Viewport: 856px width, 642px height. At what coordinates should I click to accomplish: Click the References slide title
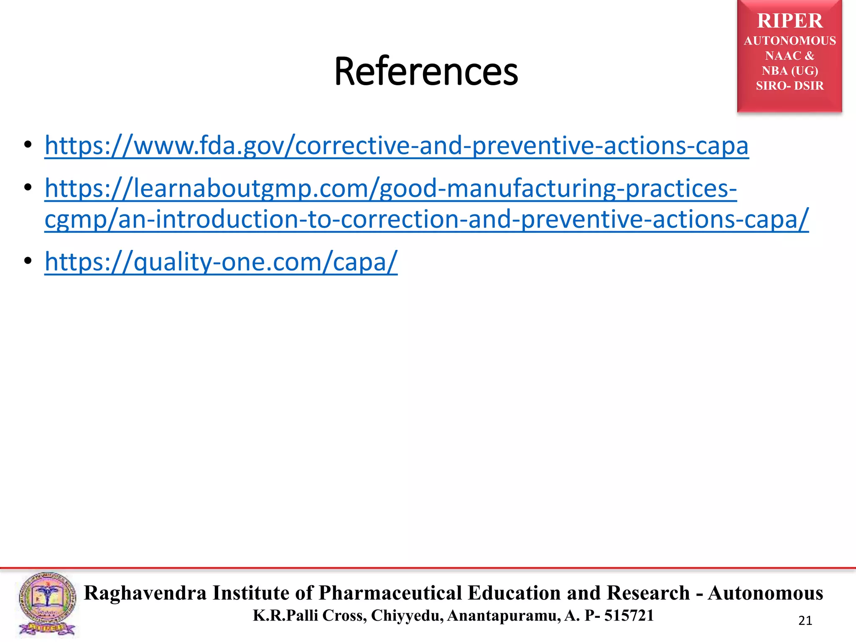pyautogui.click(x=426, y=71)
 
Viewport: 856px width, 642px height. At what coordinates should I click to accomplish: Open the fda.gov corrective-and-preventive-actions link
pyautogui.click(x=396, y=145)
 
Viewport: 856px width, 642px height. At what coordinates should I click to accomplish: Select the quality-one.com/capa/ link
pyautogui.click(x=221, y=262)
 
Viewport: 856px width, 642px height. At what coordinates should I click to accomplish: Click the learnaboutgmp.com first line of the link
pyautogui.click(x=390, y=188)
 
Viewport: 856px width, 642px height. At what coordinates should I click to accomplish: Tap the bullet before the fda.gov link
pyautogui.click(x=28, y=145)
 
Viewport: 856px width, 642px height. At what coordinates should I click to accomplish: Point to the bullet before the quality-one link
pyautogui.click(x=28, y=261)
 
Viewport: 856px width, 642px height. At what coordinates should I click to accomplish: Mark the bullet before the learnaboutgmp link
pyautogui.click(x=28, y=188)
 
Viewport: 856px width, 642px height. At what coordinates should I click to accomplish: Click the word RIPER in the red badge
pyautogui.click(x=790, y=21)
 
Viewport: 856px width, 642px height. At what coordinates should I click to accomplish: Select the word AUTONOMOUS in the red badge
pyautogui.click(x=790, y=41)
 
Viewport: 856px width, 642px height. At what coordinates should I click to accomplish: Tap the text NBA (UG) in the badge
pyautogui.click(x=790, y=71)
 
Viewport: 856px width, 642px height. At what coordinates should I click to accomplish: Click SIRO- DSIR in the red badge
pyautogui.click(x=790, y=86)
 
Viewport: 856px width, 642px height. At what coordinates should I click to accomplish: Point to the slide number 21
pyautogui.click(x=805, y=621)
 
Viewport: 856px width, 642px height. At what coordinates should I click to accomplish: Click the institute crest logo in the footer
pyautogui.click(x=47, y=604)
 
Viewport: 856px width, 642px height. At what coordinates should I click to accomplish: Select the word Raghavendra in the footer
pyautogui.click(x=145, y=593)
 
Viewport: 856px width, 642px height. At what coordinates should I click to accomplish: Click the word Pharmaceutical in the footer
pyautogui.click(x=390, y=593)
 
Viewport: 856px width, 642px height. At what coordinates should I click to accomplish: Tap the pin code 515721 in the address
pyautogui.click(x=629, y=616)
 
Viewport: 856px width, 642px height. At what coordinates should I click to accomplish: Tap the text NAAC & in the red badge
pyautogui.click(x=790, y=56)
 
